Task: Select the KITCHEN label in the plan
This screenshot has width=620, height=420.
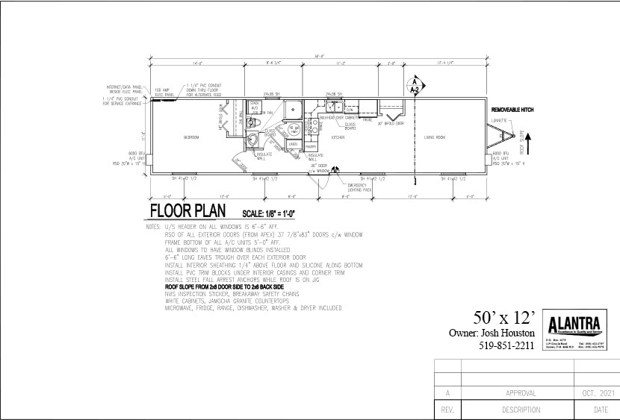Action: pos(338,138)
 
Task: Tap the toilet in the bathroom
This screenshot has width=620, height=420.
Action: pos(252,142)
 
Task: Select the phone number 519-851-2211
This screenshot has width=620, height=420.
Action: pos(505,345)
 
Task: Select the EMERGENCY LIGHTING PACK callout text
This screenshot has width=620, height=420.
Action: pos(361,188)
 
